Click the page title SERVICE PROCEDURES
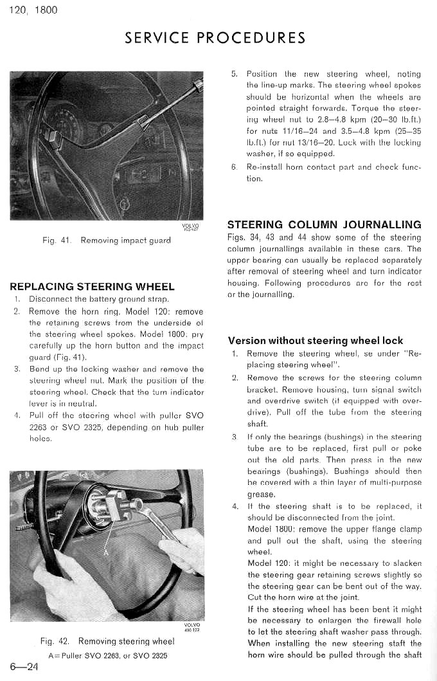pyautogui.click(x=215, y=37)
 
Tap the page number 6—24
pyautogui.click(x=24, y=666)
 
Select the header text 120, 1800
pyautogui.click(x=33, y=10)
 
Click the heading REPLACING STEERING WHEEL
pyautogui.click(x=93, y=287)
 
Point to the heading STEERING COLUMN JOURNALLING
pyautogui.click(x=325, y=225)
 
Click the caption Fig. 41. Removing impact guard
pyautogui.click(x=106, y=241)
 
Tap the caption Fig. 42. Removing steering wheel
pyautogui.click(x=107, y=641)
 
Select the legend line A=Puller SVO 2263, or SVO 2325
pyautogui.click(x=108, y=655)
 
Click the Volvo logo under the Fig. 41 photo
pyautogui.click(x=191, y=226)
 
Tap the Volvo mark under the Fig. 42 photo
pyautogui.click(x=192, y=626)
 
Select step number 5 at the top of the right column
pyautogui.click(x=234, y=74)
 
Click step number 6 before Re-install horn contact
pyautogui.click(x=234, y=167)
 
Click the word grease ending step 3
pyautogui.click(x=261, y=495)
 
